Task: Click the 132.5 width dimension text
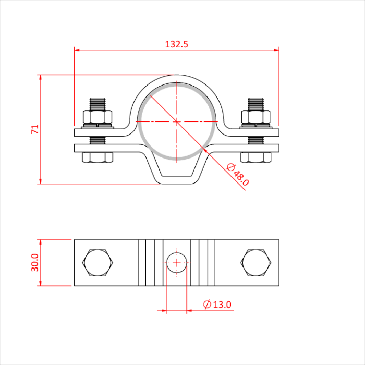point(176,44)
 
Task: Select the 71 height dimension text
point(35,129)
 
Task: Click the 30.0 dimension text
point(35,263)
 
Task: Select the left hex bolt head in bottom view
point(98,263)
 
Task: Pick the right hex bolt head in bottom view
point(256,263)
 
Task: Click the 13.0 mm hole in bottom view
point(177,262)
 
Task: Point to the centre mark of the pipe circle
point(177,121)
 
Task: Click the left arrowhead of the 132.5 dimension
point(77,51)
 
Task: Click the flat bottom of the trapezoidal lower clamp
point(177,183)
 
